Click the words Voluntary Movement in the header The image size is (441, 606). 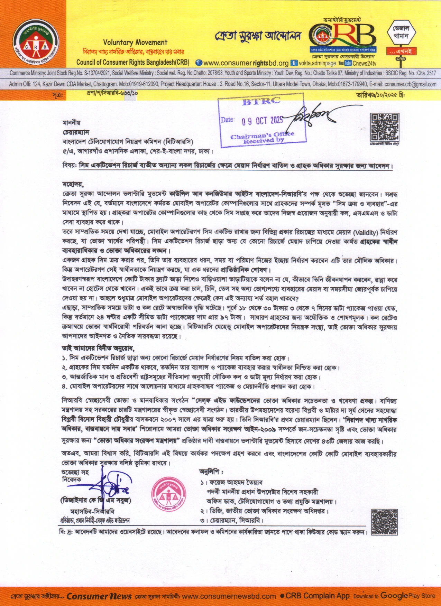point(135,43)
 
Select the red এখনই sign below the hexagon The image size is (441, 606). point(401,51)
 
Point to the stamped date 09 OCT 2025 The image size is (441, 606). point(262,121)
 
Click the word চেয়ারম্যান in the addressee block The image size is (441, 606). point(76,132)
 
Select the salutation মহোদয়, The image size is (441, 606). point(73,184)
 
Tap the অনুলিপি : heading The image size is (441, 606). point(211,471)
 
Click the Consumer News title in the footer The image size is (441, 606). point(99,596)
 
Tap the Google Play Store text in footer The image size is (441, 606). point(407,596)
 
